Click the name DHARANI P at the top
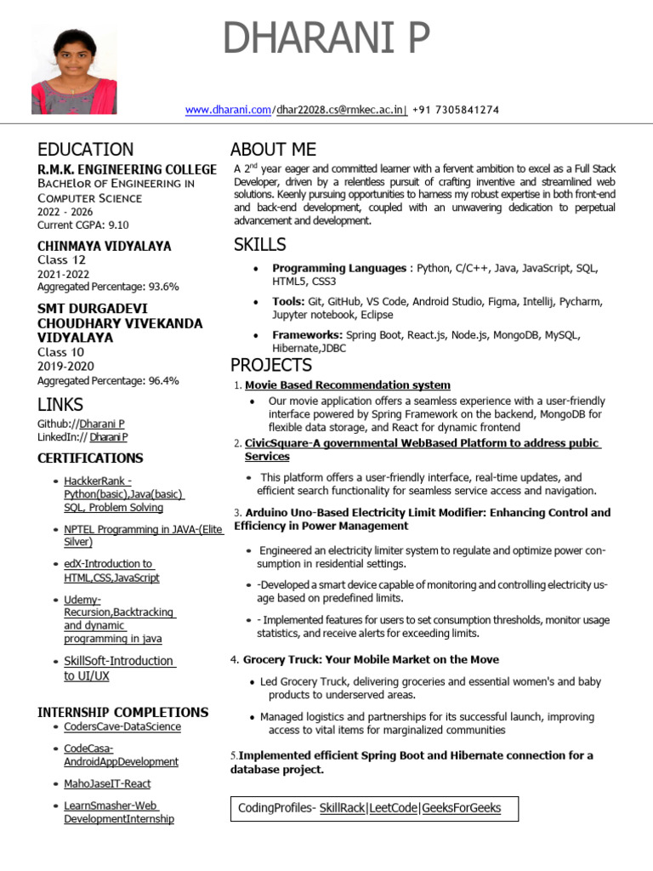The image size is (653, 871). [326, 39]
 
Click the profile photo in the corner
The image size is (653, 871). [74, 70]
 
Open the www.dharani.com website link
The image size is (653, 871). [228, 110]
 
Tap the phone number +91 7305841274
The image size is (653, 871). [455, 110]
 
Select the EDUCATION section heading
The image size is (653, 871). [85, 150]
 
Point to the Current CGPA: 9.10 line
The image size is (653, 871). [83, 225]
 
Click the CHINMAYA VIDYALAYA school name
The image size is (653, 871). [104, 246]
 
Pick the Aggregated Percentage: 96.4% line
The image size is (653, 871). [108, 381]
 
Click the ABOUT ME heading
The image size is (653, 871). [273, 150]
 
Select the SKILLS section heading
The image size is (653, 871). [259, 245]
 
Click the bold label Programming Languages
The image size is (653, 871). [338, 268]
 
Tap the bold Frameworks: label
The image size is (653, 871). [307, 335]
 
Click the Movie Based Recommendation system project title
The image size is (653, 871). [347, 385]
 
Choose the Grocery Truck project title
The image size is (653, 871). [371, 659]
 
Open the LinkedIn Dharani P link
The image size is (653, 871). [108, 437]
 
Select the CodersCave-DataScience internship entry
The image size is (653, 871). [122, 726]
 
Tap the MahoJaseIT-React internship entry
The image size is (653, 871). [107, 783]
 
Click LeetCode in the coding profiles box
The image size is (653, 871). [392, 808]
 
